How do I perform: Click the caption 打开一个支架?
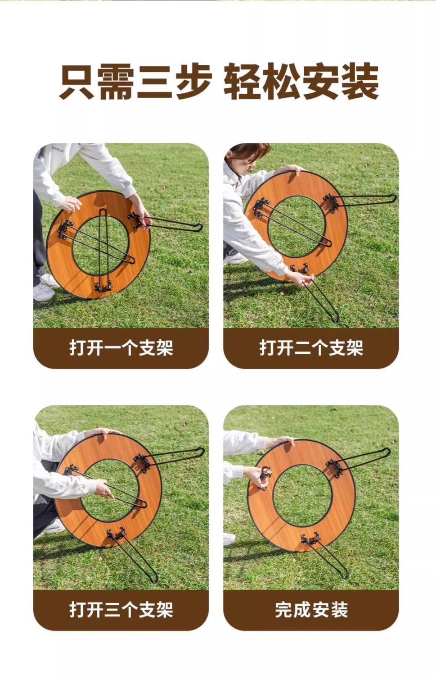121,347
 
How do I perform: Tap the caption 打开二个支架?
311,347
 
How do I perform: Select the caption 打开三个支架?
121,610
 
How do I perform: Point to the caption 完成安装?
311,610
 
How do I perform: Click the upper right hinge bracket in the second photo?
331,203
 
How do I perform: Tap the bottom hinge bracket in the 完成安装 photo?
310,539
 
